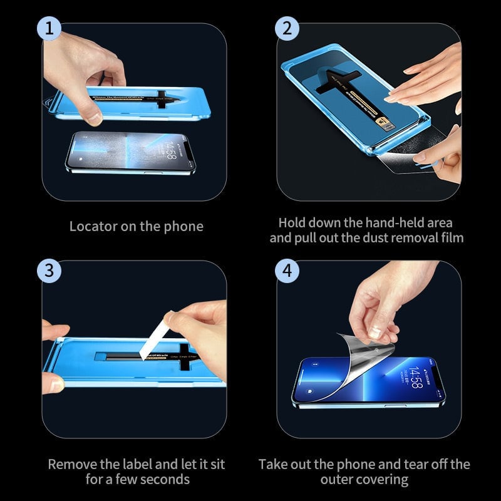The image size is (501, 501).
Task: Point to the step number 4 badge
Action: (x=287, y=271)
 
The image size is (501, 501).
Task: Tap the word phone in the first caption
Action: (x=184, y=226)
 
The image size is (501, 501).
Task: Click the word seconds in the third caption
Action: (x=162, y=480)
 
